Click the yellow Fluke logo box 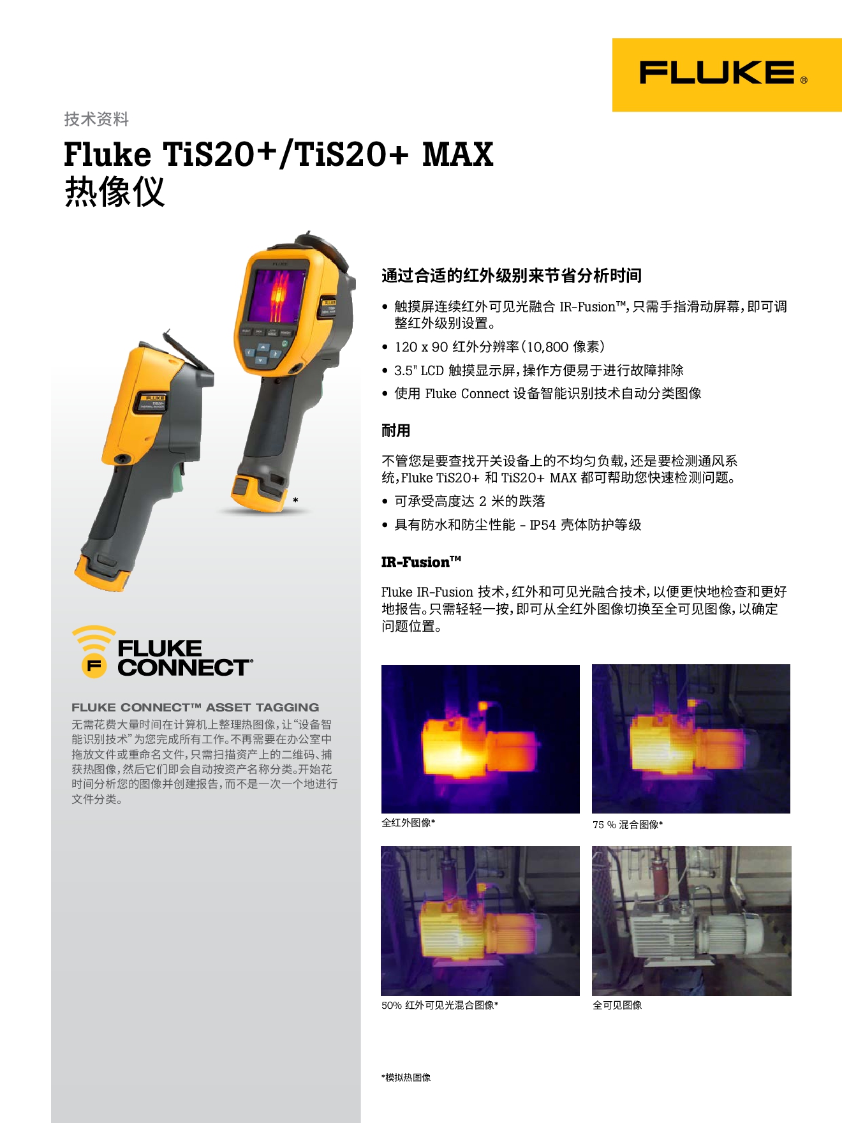[x=727, y=75]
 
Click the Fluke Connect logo [x=163, y=652]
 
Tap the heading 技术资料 [x=96, y=119]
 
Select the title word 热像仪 [x=115, y=191]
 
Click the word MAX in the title [x=457, y=155]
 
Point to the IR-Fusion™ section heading [x=421, y=562]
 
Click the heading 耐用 [x=395, y=431]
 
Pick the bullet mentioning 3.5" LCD [x=538, y=370]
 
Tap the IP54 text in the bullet [x=542, y=525]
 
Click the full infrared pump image [x=480, y=739]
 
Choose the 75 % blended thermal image [x=691, y=739]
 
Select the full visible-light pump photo [x=691, y=921]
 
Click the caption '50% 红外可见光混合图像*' [x=439, y=1005]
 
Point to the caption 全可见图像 [x=617, y=1005]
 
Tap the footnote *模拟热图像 [x=406, y=1077]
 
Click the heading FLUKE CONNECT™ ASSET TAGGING [x=195, y=707]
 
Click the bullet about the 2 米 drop [x=469, y=502]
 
